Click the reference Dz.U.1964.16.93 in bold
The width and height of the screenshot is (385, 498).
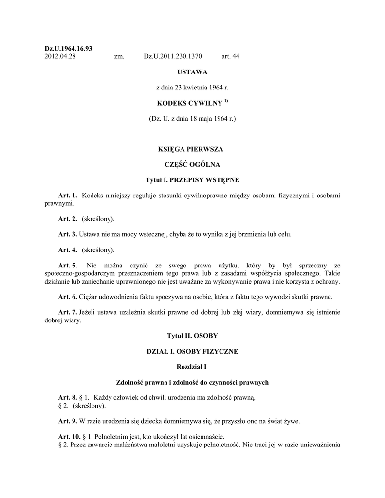coord(69,49)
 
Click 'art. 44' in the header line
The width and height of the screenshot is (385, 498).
coord(230,57)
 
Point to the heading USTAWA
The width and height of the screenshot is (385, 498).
coord(192,72)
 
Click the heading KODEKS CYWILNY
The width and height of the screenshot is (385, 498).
coord(189,103)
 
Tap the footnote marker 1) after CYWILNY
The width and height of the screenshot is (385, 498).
coord(226,101)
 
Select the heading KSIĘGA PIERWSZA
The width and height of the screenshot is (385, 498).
coord(192,149)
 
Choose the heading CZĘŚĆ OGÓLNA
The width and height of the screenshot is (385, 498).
coord(192,164)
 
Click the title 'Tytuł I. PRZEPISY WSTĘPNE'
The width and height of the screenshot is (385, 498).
coord(192,180)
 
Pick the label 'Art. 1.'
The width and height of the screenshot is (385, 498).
coord(68,196)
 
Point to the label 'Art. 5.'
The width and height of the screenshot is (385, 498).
coord(68,266)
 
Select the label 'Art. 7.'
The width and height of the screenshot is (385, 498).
coord(68,312)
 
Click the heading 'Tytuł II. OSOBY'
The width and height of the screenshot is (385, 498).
coord(192,336)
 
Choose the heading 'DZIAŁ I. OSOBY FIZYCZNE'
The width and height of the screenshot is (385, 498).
coord(192,351)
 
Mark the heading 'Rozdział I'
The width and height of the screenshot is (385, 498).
coord(192,367)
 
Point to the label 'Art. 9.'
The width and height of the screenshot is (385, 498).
coord(68,421)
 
